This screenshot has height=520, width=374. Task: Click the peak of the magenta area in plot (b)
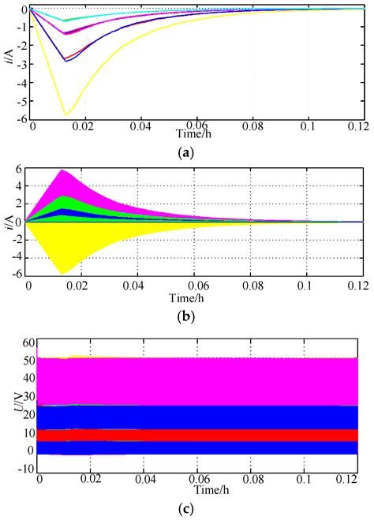[62, 170]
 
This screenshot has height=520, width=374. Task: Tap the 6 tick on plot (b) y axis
[24, 170]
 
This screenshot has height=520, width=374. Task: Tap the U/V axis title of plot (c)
[10, 406]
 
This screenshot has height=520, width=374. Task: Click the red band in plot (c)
[197, 435]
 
